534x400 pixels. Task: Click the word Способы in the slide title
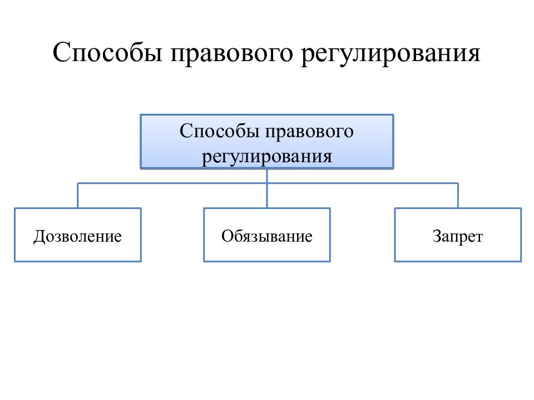pos(107,53)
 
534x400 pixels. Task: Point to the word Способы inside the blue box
pos(219,131)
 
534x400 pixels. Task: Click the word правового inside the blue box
pos(309,133)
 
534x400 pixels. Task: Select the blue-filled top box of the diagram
pos(267,142)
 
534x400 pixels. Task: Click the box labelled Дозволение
pos(78,234)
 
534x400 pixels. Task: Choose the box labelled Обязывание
pos(267,234)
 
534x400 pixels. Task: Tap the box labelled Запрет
pos(458,234)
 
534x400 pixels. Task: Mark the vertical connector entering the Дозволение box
pos(78,196)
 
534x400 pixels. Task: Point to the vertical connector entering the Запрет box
pos(458,196)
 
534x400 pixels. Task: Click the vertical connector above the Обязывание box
pos(267,188)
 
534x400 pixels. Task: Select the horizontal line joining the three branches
pos(268,183)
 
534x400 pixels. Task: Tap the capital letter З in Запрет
pos(437,236)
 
